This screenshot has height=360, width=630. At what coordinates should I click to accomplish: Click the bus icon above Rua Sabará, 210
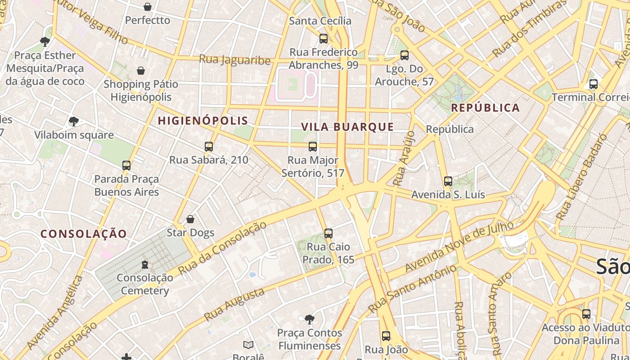[x=208, y=146]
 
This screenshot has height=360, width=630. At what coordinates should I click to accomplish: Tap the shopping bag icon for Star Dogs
[x=190, y=219]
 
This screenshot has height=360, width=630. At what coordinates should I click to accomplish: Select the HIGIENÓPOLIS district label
[x=203, y=121]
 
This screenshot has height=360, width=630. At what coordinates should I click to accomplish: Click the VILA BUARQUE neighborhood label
[x=347, y=127]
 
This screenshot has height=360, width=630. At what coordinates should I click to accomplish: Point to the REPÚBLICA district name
[x=486, y=108]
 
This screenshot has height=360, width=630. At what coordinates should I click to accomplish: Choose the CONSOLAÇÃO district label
[x=84, y=234]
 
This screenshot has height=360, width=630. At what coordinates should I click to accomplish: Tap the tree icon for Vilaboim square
[x=74, y=121]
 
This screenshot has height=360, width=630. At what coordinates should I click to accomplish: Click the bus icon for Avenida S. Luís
[x=448, y=181]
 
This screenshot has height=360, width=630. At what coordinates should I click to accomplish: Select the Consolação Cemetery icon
[x=144, y=264]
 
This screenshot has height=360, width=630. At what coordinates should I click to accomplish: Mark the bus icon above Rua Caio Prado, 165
[x=328, y=233]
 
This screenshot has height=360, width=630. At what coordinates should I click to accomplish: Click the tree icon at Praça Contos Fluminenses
[x=309, y=319]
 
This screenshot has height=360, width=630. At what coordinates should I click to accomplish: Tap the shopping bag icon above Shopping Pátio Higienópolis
[x=141, y=71]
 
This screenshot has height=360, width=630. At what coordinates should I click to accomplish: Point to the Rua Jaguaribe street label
[x=234, y=60]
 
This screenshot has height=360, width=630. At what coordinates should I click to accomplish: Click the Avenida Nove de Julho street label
[x=459, y=247]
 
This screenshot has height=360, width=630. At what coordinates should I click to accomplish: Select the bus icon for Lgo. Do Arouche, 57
[x=404, y=55]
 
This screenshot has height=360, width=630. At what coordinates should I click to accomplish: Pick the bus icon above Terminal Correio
[x=593, y=84]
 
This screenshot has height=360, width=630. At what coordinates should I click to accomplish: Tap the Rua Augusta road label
[x=234, y=305]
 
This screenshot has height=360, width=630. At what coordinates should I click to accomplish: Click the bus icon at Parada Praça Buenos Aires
[x=126, y=166]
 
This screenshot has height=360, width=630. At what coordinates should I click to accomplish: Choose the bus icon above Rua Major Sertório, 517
[x=312, y=146]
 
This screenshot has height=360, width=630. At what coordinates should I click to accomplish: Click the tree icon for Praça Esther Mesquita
[x=45, y=42]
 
